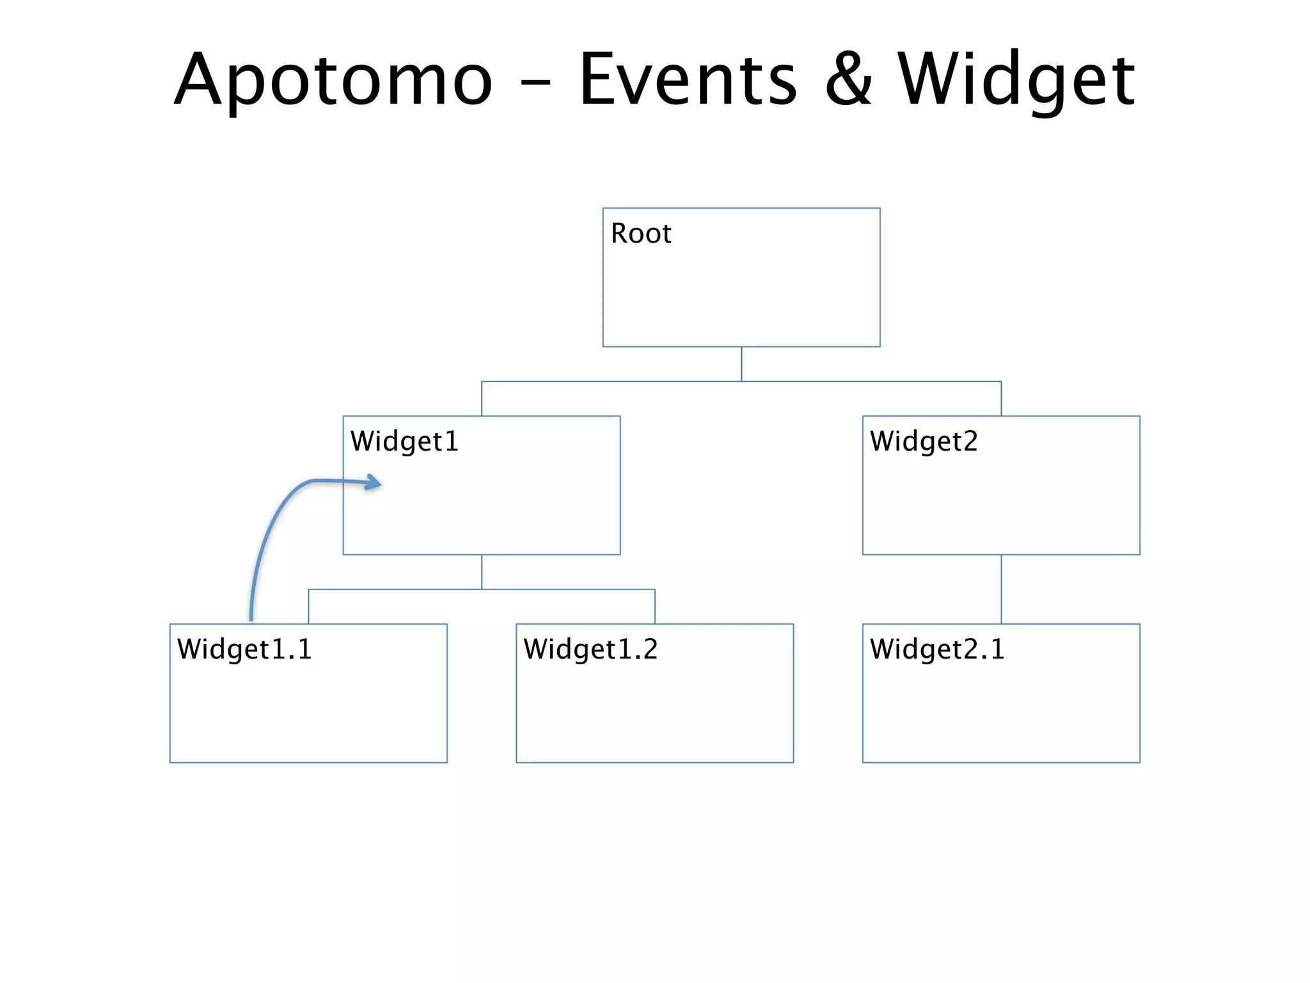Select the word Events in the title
pyautogui.click(x=688, y=80)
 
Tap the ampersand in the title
pyautogui.click(x=848, y=80)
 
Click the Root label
pyautogui.click(x=641, y=234)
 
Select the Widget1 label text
pyautogui.click(x=404, y=442)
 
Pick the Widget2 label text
pyautogui.click(x=924, y=442)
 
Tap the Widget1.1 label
pyautogui.click(x=244, y=650)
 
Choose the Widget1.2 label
pyautogui.click(x=590, y=650)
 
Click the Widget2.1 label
pyautogui.click(x=937, y=650)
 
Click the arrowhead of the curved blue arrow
pyautogui.click(x=375, y=483)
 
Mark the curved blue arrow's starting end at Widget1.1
pyautogui.click(x=251, y=617)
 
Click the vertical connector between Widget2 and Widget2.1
pyautogui.click(x=1001, y=589)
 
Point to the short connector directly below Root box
pyautogui.click(x=741, y=364)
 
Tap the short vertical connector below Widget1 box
pyautogui.click(x=482, y=571)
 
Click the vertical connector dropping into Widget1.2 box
pyautogui.click(x=655, y=607)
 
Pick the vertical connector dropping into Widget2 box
pyautogui.click(x=1001, y=399)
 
